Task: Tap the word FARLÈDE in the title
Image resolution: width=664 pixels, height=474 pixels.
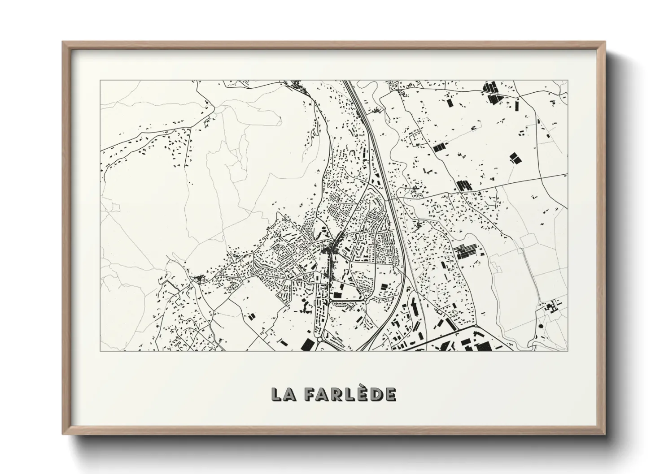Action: pos(350,394)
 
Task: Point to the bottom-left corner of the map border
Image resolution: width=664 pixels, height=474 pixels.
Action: pos(100,351)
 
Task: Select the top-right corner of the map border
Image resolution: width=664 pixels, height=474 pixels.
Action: pos(568,81)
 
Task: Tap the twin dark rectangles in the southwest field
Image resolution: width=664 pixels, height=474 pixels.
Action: pos(251,317)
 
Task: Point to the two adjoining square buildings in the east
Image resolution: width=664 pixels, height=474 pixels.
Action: pos(514,158)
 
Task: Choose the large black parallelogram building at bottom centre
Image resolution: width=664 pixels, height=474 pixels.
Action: pos(308,344)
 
